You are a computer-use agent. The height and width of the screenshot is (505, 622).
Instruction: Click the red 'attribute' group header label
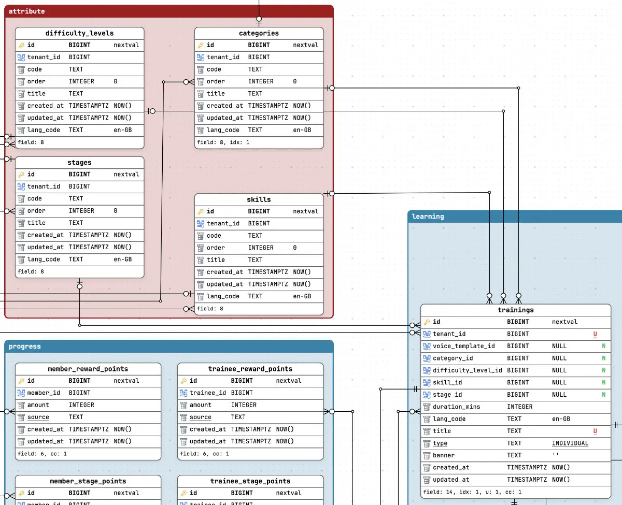point(26,11)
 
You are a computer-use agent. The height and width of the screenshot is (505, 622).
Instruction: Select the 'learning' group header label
point(428,217)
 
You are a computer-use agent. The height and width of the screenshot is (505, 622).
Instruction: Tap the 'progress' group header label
point(25,347)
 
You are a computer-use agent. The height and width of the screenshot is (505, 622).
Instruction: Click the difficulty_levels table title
point(79,33)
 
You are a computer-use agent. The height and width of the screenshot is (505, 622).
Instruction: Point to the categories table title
point(259,33)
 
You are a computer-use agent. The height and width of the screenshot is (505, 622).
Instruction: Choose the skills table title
point(259,199)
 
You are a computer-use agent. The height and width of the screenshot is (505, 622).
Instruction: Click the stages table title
point(79,163)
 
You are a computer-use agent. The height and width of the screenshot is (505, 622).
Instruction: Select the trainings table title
point(516,310)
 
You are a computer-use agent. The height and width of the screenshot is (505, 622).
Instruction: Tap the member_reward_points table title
point(88,369)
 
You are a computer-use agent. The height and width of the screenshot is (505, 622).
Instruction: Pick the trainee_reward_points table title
point(250,369)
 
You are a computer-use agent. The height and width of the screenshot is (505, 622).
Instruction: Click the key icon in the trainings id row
point(427,322)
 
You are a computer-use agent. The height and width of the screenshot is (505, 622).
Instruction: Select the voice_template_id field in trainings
point(464,346)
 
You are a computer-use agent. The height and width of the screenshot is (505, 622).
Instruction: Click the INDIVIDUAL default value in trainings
point(570,443)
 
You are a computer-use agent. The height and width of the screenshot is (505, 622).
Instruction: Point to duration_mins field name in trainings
point(457,407)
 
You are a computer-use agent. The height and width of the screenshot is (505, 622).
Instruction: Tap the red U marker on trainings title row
point(595,431)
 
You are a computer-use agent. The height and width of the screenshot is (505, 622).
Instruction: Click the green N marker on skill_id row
point(604,382)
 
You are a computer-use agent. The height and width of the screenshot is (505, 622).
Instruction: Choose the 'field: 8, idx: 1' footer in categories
point(223,142)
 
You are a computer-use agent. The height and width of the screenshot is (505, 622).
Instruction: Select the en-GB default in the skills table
point(302,296)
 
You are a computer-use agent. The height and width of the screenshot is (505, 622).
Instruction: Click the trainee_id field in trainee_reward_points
point(208,393)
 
